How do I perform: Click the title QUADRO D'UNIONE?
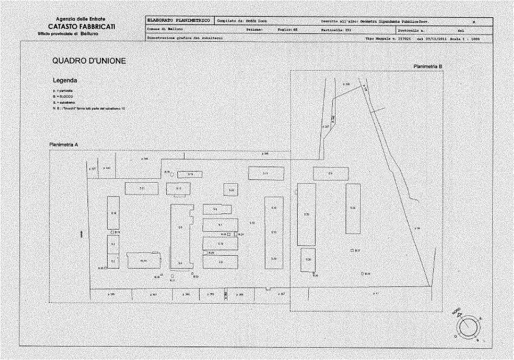[89, 60]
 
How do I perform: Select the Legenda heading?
[64, 80]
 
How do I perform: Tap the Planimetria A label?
[64, 144]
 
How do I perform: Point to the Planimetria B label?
[428, 66]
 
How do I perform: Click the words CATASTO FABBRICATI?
[81, 26]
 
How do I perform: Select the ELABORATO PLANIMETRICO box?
[178, 21]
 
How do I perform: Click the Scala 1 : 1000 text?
[476, 39]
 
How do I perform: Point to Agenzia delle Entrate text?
[81, 20]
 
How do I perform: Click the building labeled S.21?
[142, 188]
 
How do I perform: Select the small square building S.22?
[231, 190]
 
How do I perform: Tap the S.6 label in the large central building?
[180, 227]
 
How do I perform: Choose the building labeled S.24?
[353, 208]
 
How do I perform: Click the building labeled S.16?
[113, 213]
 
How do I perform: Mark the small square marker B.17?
[352, 251]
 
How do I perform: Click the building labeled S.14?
[143, 260]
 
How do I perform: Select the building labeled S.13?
[190, 174]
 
